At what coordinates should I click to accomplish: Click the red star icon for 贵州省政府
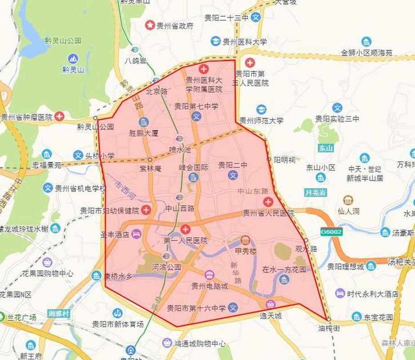click(149, 26)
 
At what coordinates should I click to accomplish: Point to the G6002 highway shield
click(331, 232)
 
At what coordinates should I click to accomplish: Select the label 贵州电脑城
click(210, 286)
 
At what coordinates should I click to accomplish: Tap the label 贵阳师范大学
click(262, 121)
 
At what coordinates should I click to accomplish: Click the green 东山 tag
click(325, 148)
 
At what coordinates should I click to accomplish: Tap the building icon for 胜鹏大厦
click(144, 122)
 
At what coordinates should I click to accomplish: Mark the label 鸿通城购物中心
click(200, 344)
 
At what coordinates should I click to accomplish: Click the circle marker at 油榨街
click(329, 319)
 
